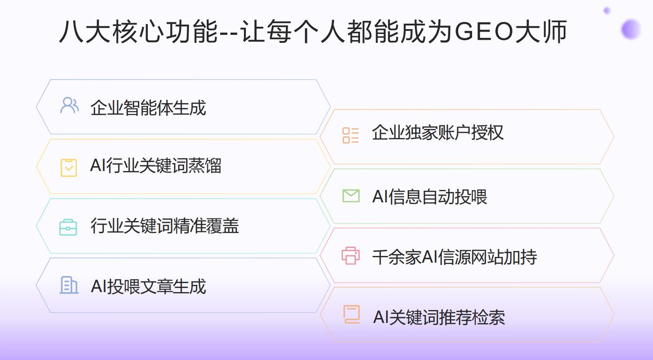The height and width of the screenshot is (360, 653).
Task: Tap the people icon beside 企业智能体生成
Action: pos(69,105)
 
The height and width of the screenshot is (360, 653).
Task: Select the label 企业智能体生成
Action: pos(148,108)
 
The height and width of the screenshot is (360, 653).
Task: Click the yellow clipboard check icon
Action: pos(69,167)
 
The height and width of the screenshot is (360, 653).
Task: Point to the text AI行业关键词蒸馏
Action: pos(155,166)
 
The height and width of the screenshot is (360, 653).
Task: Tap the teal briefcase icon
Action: pos(68,227)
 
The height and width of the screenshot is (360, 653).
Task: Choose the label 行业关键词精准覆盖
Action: pos(165,226)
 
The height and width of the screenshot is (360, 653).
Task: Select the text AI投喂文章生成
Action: pos(148,286)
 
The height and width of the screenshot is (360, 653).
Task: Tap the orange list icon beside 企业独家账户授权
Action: pos(351,135)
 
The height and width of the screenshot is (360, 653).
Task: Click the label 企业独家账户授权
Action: pos(438,133)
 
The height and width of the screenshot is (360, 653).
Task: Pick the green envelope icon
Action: pos(351,196)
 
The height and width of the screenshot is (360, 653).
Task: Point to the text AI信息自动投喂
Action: pos(430,197)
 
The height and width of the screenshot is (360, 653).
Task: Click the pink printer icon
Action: pos(351,255)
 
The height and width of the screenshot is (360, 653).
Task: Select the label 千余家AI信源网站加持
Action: pos(455,257)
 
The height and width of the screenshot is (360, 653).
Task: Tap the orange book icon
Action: pos(352,314)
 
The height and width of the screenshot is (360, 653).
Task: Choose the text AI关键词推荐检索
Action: pos(439,317)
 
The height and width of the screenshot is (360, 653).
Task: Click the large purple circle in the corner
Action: pos(631,29)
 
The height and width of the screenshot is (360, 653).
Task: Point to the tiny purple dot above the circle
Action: pos(607,10)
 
